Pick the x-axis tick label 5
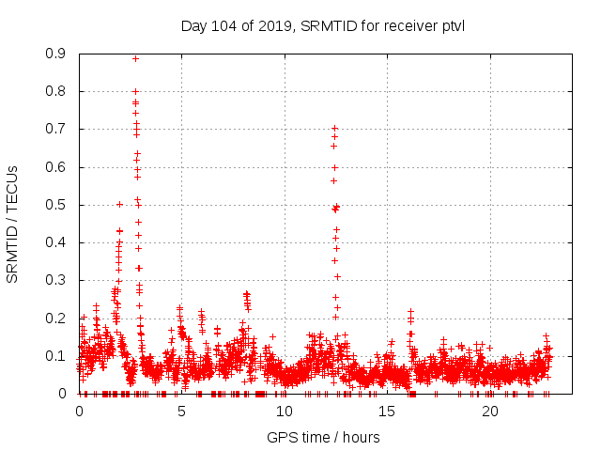click(x=181, y=412)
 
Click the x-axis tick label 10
click(x=285, y=412)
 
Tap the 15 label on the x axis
click(x=387, y=412)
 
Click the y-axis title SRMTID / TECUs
click(x=13, y=224)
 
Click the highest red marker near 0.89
click(x=135, y=58)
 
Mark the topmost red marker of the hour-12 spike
click(x=334, y=128)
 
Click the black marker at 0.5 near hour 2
click(x=119, y=204)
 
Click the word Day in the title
click(x=193, y=24)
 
